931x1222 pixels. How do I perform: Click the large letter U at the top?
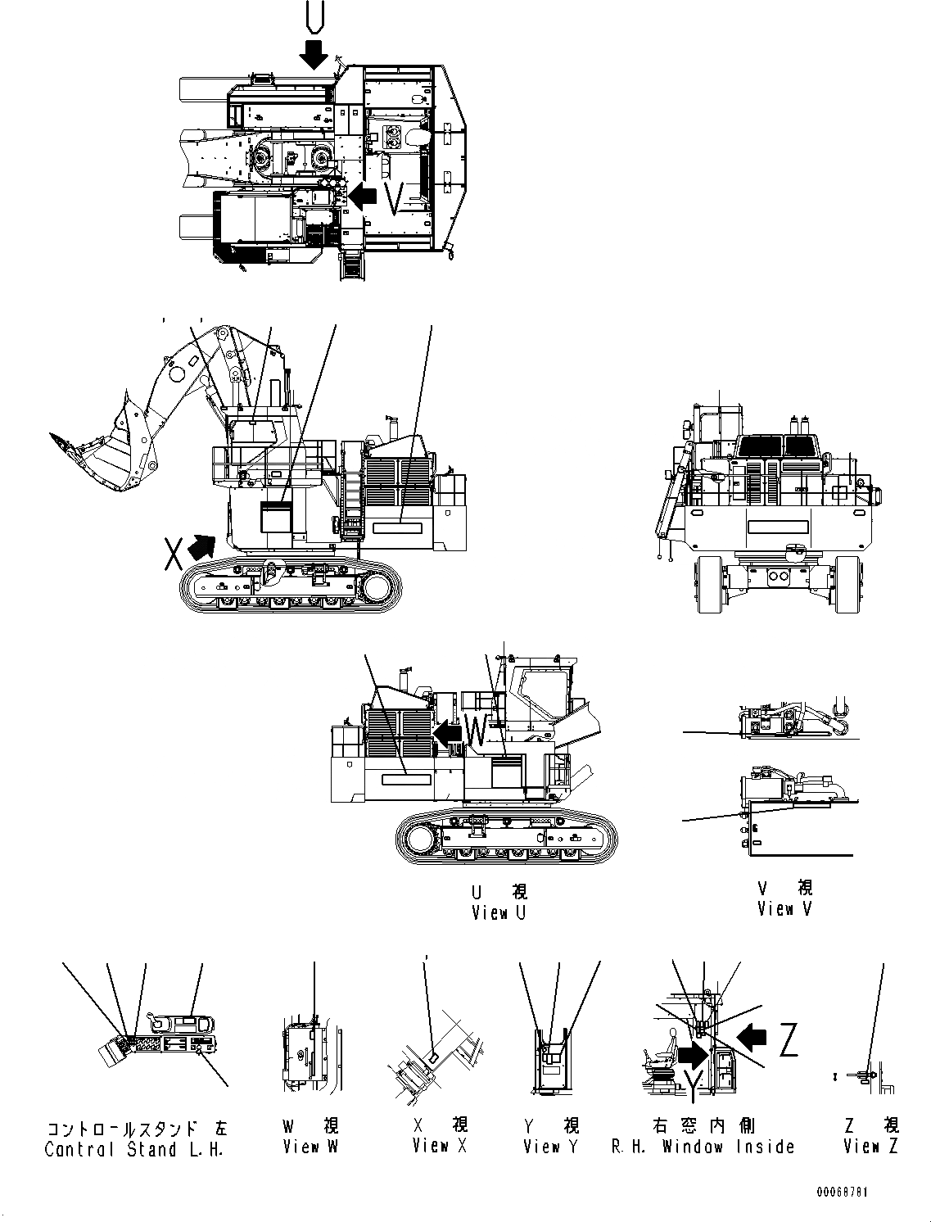point(314,17)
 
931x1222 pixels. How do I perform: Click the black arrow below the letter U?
point(314,55)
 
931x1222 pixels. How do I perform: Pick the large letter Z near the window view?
point(787,1041)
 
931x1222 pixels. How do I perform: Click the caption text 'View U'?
point(499,912)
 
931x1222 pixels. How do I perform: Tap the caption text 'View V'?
point(785,908)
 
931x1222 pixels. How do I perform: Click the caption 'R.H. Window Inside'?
point(703,1147)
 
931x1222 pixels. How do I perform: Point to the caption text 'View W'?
point(310,1147)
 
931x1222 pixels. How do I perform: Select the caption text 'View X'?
point(440,1145)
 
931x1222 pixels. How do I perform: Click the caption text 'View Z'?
point(871,1146)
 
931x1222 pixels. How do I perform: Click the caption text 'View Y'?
point(551,1147)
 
